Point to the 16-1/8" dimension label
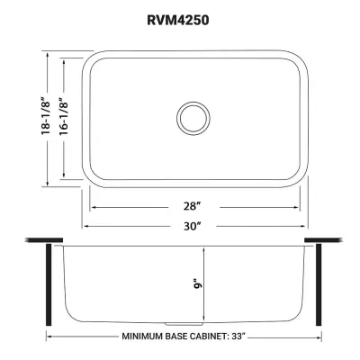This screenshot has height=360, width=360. pos(64,117)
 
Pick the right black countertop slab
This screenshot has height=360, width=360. pos(320,240)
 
